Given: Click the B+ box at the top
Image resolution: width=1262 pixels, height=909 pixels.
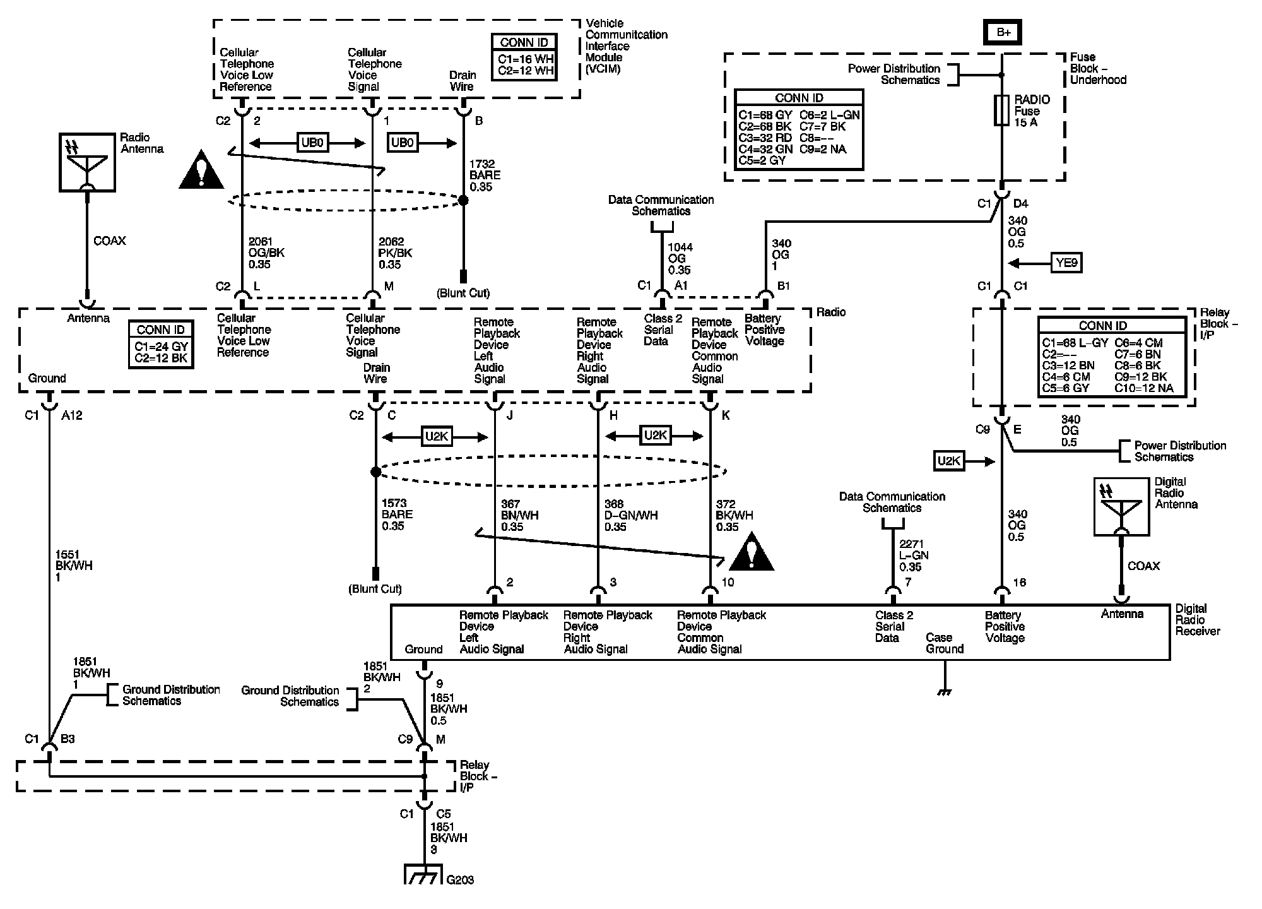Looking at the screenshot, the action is [1003, 32].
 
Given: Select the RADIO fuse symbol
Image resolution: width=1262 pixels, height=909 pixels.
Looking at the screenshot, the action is [1001, 110].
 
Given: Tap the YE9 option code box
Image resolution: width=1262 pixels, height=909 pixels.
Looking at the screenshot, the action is [1066, 262].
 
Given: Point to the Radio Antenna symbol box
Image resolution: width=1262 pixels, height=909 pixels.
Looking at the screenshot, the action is [87, 162].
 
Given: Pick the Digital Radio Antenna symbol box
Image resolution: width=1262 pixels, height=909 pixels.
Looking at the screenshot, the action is [1121, 506].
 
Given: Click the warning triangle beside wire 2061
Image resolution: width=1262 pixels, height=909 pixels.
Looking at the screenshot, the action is [201, 170].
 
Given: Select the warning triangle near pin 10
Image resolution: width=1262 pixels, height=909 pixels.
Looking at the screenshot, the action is [751, 552].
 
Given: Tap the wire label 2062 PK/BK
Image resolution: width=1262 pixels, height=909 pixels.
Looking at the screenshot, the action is [396, 253].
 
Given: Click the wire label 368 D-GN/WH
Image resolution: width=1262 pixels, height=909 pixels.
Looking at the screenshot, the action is [630, 515].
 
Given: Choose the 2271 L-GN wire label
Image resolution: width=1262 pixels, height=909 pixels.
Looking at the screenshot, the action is [914, 555].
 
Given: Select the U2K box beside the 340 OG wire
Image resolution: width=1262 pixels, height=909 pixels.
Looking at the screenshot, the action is [948, 461].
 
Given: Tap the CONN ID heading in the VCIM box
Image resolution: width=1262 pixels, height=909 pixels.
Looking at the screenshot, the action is [524, 43].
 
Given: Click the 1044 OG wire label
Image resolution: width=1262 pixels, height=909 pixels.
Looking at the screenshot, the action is [680, 258].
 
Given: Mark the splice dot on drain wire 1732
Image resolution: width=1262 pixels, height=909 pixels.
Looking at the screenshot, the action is [463, 200].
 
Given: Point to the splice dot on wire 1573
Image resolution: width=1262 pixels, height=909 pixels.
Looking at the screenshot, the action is [375, 472].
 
